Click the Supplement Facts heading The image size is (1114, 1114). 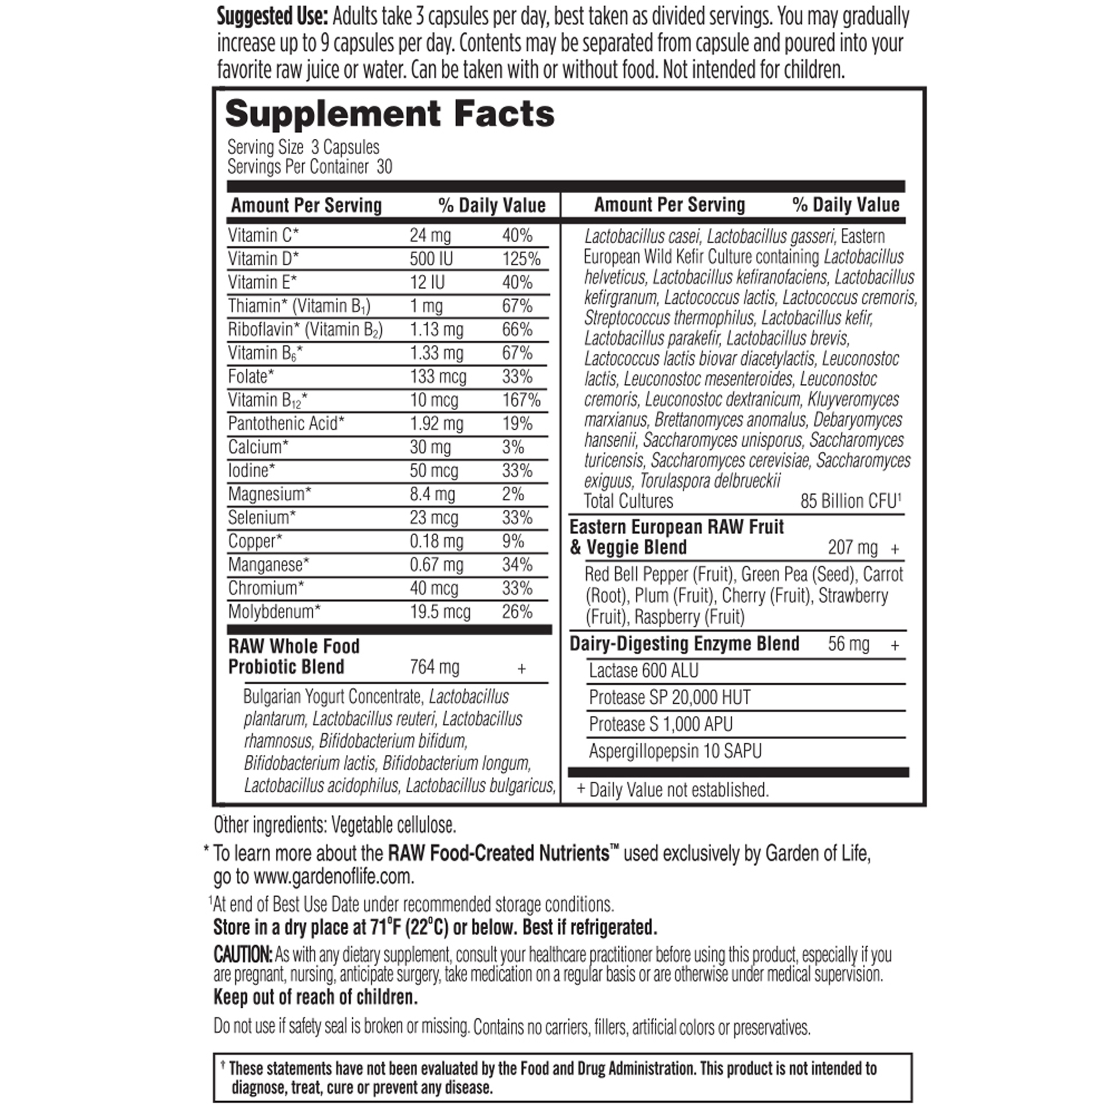click(390, 114)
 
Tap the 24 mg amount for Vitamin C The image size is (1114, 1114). click(430, 235)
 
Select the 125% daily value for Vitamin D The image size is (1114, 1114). click(521, 258)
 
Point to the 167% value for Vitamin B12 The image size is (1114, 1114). click(521, 399)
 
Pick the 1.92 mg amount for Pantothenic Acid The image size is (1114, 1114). click(437, 423)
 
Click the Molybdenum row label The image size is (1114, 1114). click(274, 612)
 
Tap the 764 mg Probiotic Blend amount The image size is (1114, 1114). click(435, 667)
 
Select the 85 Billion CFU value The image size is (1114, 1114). click(850, 501)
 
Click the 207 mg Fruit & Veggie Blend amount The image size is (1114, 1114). click(853, 547)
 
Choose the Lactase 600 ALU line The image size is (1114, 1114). click(643, 671)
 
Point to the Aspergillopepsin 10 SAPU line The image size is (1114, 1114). click(675, 751)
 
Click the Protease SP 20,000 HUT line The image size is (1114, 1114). click(670, 698)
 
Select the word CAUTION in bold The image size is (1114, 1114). click(243, 955)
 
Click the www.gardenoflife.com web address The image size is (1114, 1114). click(333, 876)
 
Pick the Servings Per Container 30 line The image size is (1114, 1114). click(310, 167)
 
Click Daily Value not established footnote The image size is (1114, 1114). click(678, 790)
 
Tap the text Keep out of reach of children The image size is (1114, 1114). click(315, 997)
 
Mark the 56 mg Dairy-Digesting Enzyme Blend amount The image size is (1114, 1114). click(849, 643)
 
